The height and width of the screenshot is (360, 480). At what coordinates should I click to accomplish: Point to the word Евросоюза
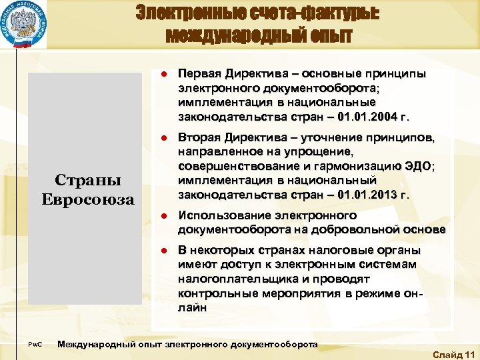click(88, 199)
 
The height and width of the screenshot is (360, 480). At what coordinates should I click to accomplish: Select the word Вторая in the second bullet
click(197, 137)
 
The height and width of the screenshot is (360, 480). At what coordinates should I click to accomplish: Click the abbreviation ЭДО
click(418, 166)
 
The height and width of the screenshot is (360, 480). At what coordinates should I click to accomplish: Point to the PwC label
click(35, 345)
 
